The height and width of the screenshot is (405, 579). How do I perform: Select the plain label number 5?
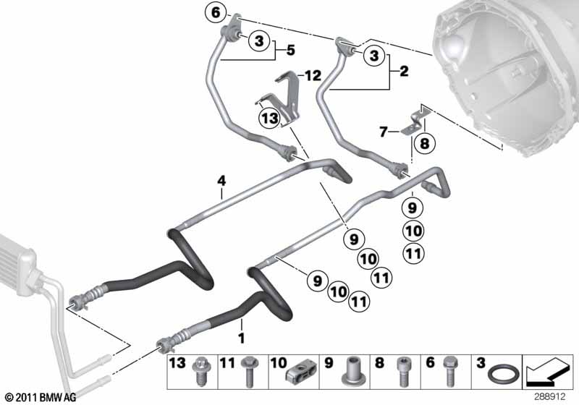point(289,51)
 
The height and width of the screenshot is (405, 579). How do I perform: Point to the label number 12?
point(312,76)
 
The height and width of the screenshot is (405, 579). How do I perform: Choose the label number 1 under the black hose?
point(241,337)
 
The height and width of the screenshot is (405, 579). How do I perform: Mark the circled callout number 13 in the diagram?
point(269,118)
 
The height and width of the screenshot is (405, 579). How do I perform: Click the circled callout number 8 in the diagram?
point(423,143)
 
